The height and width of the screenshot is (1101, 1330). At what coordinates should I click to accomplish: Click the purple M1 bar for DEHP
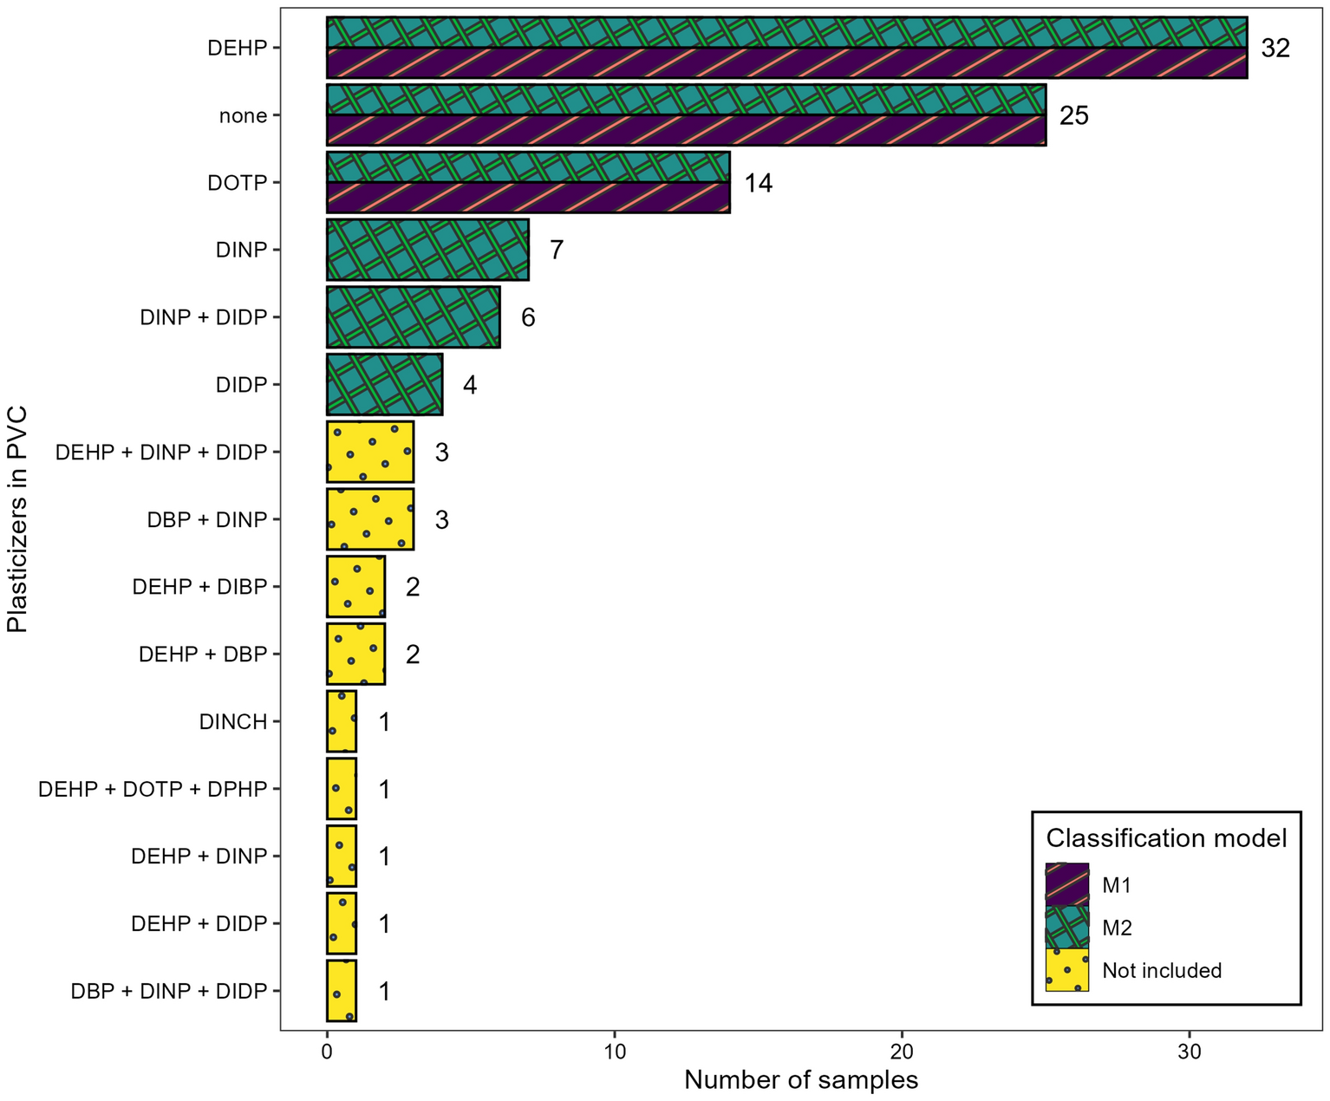click(x=786, y=63)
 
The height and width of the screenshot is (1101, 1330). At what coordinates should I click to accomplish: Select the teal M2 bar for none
click(x=686, y=100)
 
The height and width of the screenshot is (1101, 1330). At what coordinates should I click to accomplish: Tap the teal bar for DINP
click(x=427, y=250)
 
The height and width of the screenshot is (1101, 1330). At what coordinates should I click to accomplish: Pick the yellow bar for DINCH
click(x=342, y=721)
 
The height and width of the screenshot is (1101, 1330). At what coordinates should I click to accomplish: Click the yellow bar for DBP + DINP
click(x=370, y=519)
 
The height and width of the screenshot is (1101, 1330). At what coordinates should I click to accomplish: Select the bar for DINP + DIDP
click(x=413, y=317)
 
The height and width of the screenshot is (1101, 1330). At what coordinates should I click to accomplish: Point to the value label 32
click(x=1275, y=49)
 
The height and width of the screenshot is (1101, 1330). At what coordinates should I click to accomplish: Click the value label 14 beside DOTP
click(x=758, y=183)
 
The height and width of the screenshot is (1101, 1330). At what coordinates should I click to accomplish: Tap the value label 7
click(x=557, y=251)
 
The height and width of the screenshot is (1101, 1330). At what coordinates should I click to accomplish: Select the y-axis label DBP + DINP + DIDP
click(x=169, y=991)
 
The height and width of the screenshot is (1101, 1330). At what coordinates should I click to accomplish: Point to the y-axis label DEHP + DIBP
click(x=199, y=587)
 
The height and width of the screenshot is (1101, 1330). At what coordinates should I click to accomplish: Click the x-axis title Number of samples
click(x=800, y=1080)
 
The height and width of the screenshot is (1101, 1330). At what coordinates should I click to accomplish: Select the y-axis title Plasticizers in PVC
click(x=17, y=519)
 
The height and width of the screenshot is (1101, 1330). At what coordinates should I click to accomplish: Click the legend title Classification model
click(x=1166, y=838)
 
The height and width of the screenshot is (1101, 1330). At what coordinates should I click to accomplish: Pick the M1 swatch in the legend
click(x=1067, y=885)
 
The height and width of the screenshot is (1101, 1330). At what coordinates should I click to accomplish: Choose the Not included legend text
click(x=1162, y=970)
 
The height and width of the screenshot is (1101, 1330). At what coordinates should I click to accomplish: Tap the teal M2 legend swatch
click(x=1067, y=928)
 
